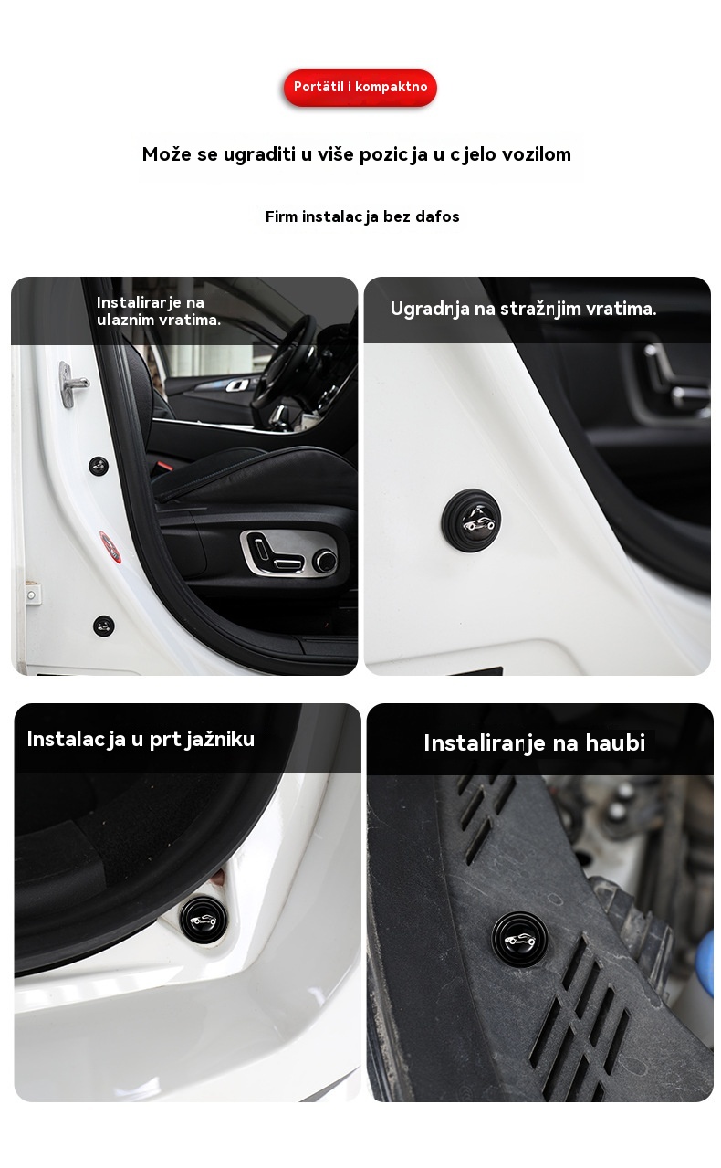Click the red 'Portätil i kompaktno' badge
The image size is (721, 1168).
[x=360, y=87]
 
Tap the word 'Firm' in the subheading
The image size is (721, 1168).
[x=281, y=216]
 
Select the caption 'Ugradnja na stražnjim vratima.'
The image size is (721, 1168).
[x=523, y=309]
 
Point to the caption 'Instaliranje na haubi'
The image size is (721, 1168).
[x=535, y=743]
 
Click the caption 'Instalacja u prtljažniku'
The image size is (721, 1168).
[x=141, y=739]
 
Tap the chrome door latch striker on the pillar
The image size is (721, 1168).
[x=73, y=384]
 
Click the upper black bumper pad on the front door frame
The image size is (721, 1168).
[x=99, y=466]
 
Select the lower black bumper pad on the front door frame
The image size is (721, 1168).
[x=104, y=626]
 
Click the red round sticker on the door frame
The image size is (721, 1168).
[x=110, y=547]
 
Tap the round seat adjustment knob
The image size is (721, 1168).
[x=326, y=562]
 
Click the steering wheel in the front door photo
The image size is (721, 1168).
[x=287, y=365]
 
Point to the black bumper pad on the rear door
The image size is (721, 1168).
[x=472, y=520]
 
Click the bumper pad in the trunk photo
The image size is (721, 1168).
[x=204, y=920]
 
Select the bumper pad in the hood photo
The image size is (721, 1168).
[x=520, y=939]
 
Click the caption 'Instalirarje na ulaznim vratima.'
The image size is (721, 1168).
[x=159, y=311]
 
